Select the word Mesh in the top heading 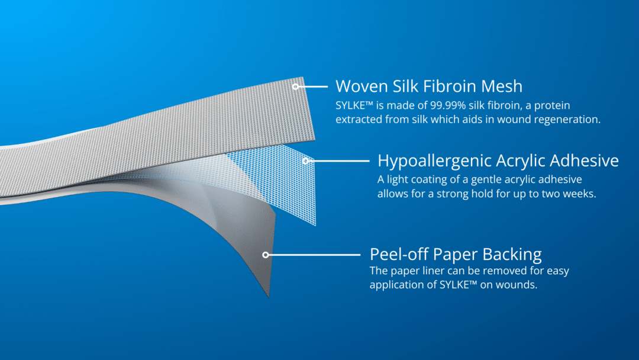(503, 86)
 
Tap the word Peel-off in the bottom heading (399, 255)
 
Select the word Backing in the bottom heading (512, 255)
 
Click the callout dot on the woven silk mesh (295, 86)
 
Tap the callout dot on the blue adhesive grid (305, 160)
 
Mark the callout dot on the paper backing (266, 255)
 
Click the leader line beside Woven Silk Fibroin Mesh (312, 86)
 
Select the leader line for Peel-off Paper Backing (314, 255)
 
